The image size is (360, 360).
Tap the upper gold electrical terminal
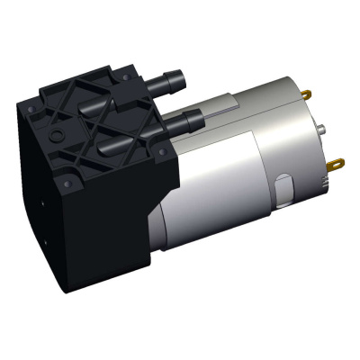tap(308, 94)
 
